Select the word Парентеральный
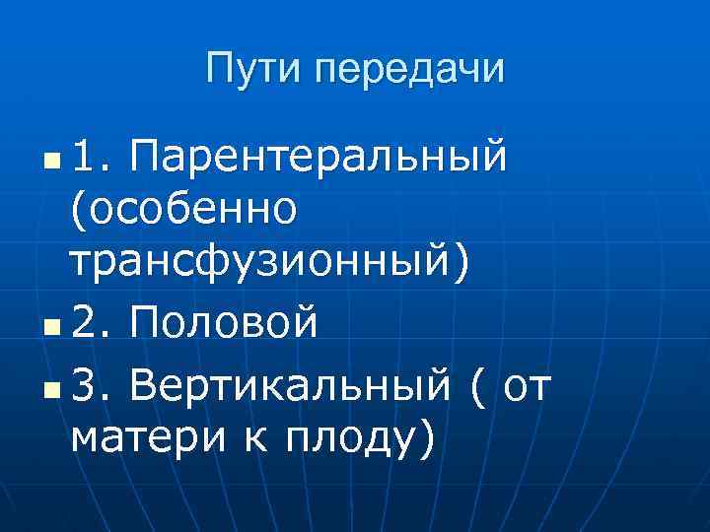pos(319,156)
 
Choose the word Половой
pos(225,322)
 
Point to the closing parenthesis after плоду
pos(425,433)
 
